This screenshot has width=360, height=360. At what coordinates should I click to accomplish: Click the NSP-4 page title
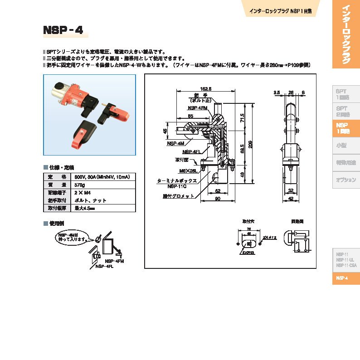click(63, 30)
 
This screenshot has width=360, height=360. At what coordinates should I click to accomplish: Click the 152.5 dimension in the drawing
click(206, 88)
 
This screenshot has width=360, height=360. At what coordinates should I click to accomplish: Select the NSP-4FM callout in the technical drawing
click(198, 108)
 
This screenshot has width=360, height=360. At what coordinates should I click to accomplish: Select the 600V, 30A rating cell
click(97, 177)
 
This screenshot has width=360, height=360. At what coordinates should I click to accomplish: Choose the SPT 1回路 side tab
click(342, 94)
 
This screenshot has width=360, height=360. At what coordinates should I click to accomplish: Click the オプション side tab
click(345, 180)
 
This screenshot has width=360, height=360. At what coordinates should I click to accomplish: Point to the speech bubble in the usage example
click(71, 237)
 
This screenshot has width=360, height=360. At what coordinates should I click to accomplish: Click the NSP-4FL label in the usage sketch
click(104, 267)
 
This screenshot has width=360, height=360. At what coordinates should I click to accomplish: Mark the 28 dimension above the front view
click(291, 92)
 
